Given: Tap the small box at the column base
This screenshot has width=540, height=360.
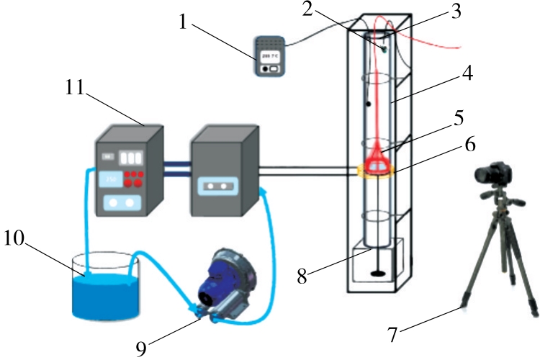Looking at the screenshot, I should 377,263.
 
